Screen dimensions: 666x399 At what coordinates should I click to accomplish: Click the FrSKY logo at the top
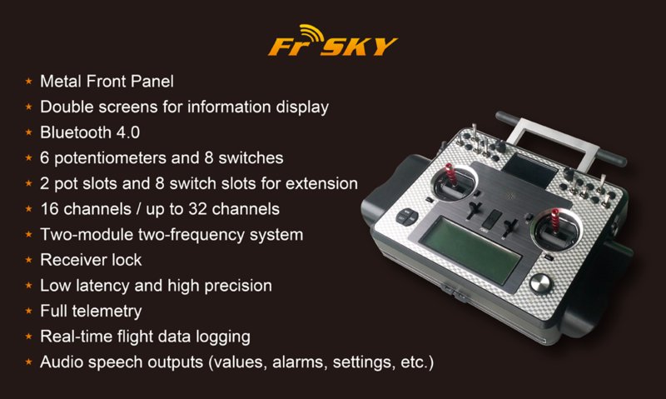tap(332, 40)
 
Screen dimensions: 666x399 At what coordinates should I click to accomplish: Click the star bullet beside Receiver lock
tap(28, 260)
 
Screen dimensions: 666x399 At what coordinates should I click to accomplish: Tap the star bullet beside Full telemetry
tap(28, 311)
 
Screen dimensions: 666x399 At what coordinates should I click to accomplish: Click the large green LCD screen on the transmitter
tap(470, 249)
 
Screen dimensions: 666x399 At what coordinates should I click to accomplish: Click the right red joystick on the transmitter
tap(555, 222)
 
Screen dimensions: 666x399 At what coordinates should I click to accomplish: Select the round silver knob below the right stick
tap(539, 283)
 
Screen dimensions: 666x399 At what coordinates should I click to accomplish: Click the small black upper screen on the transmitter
tap(530, 170)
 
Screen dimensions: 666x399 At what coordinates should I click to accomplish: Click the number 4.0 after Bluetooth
tap(128, 132)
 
